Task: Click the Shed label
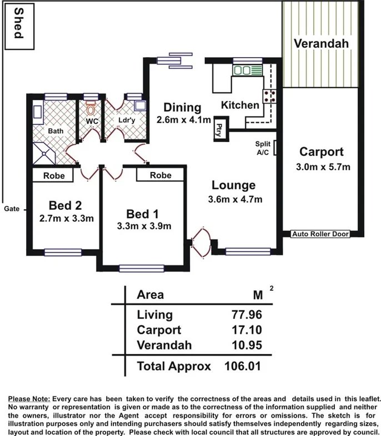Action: coord(18,23)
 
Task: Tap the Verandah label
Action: coord(321,43)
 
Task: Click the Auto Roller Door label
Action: coord(320,235)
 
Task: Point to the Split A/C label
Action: coord(263,148)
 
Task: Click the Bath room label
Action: coord(56,131)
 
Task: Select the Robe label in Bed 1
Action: coord(161,175)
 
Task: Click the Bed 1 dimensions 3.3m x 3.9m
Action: coord(144,226)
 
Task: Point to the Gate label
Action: coord(12,209)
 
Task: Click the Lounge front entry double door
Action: coord(200,241)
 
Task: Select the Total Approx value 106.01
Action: coord(243,366)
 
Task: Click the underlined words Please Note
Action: coord(29,399)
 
